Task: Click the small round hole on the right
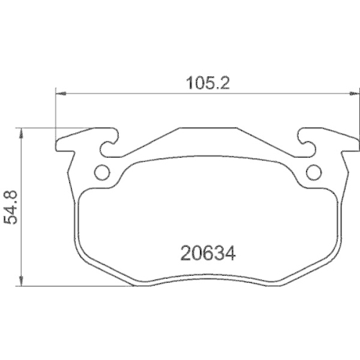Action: [314, 172]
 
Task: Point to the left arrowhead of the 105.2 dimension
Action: [60, 93]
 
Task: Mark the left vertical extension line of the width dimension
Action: [56, 115]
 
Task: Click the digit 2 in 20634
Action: [184, 253]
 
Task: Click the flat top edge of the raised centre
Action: [208, 130]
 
